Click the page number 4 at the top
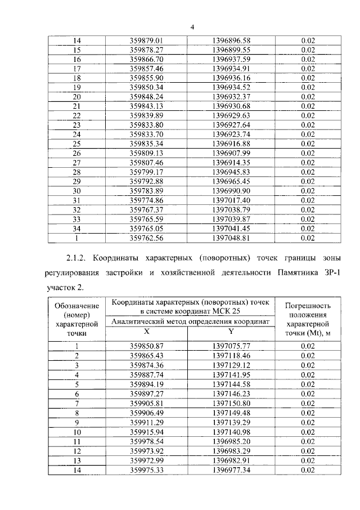192,27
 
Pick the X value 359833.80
146,124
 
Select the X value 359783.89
146,191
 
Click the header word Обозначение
77,305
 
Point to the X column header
146,332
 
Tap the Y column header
231,332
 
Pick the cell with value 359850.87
146,346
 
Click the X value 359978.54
146,441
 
